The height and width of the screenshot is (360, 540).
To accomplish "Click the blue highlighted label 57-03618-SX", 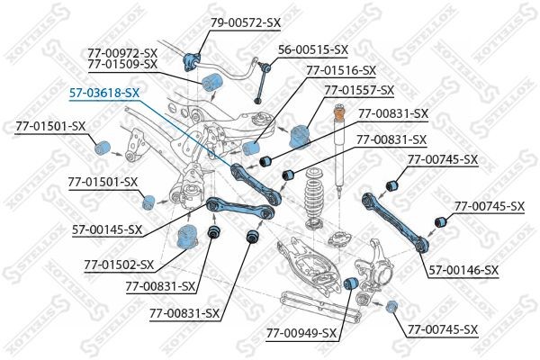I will click(104, 92).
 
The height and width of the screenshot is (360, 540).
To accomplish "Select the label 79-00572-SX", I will click(245, 21).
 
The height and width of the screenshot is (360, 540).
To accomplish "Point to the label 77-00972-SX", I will click(122, 52).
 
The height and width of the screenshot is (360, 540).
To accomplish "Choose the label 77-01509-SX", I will click(122, 64).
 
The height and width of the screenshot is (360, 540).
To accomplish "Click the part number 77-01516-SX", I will click(341, 69).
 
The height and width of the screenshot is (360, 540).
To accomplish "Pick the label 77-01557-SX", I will click(359, 90).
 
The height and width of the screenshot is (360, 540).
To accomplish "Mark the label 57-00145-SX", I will click(107, 229).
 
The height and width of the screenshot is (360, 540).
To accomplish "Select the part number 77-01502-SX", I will click(119, 265).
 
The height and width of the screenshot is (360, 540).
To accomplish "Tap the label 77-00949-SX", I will click(301, 333).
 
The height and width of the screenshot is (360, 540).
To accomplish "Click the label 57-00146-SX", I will click(463, 269).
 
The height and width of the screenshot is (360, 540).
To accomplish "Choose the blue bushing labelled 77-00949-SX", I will click(354, 284).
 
